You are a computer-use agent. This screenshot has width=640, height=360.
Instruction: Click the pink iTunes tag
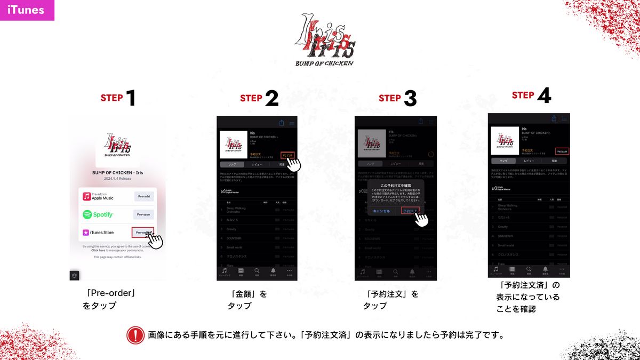[27, 10]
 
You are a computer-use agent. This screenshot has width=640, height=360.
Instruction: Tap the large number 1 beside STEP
[130, 98]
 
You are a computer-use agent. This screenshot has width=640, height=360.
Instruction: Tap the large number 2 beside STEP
[271, 98]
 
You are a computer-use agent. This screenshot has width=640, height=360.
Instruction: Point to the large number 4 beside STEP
[544, 95]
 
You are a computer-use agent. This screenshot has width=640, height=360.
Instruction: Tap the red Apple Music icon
[86, 196]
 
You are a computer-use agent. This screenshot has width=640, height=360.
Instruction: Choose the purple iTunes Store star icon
[86, 233]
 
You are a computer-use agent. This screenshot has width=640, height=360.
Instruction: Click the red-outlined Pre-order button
[142, 233]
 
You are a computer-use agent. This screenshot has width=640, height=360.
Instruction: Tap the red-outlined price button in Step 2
[286, 155]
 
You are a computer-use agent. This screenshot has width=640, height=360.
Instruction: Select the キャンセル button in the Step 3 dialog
[381, 211]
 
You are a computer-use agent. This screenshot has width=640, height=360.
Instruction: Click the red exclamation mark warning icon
[135, 335]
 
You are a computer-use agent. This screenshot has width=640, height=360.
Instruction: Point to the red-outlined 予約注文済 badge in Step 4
[562, 151]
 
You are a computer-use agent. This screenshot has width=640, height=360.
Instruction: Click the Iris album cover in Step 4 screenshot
[505, 140]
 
